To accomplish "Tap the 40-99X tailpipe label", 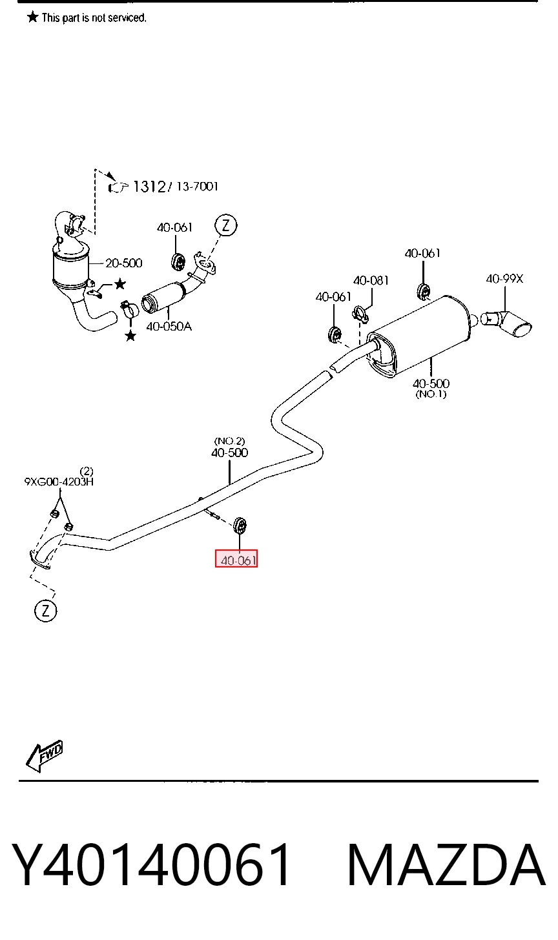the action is point(504,279).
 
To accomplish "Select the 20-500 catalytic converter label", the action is point(123,263).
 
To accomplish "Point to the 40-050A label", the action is point(169,326).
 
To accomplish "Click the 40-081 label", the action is point(371,280).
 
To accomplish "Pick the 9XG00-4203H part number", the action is point(59,482).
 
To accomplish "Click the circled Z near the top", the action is point(226,225).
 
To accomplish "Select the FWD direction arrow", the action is point(44,756).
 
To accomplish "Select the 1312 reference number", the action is point(149,187).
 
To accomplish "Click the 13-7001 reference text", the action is point(197,186).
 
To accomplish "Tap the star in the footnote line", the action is point(33,17).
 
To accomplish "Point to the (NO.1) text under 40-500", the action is point(431,394).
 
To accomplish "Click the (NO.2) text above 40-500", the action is point(229,441).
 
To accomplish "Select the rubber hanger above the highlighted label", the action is point(240,526).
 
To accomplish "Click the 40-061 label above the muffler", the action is point(422,253).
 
